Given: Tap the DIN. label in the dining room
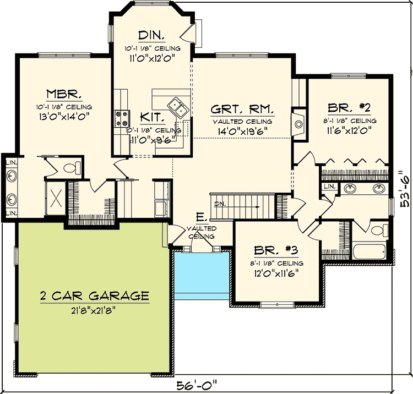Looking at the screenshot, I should [151, 35].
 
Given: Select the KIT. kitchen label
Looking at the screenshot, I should [151, 116].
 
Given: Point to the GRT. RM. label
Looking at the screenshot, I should [243, 108].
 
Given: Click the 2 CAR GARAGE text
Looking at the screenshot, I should [94, 296].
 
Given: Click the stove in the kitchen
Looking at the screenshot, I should [121, 117].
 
